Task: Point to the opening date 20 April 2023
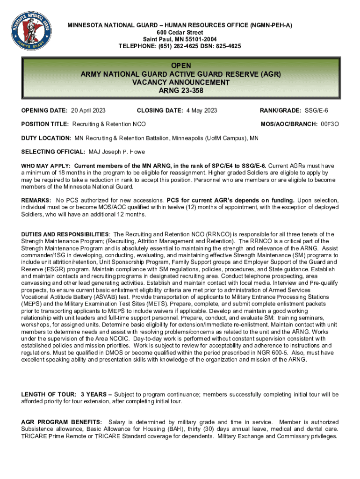click(x=88, y=111)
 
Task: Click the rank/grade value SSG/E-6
click(x=317, y=111)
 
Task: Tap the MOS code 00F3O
click(x=330, y=124)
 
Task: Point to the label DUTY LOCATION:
click(x=46, y=138)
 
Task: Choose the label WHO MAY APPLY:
click(x=46, y=166)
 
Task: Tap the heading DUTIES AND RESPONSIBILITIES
click(x=65, y=234)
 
